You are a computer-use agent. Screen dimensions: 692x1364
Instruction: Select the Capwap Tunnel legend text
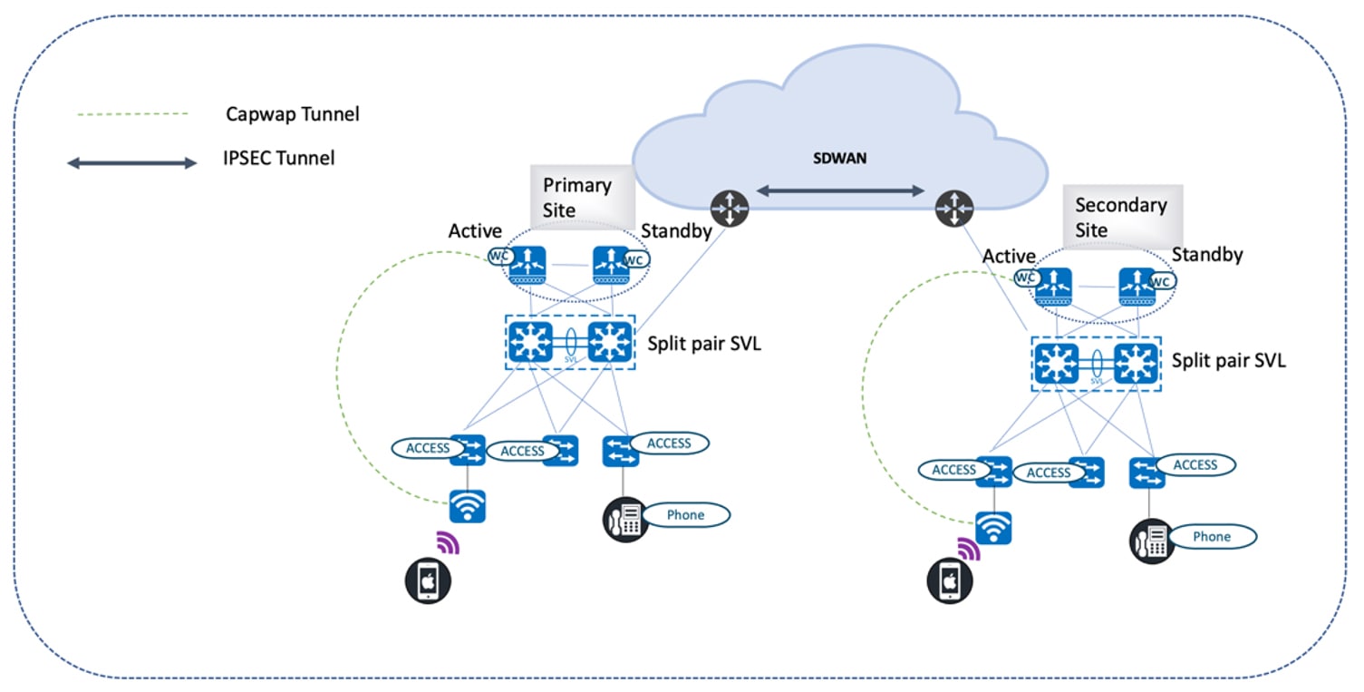(x=292, y=114)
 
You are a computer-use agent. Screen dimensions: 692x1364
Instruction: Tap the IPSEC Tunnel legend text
(x=279, y=159)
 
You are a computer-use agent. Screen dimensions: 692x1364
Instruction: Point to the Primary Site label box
(x=577, y=197)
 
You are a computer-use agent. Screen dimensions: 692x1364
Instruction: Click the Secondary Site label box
(x=1120, y=218)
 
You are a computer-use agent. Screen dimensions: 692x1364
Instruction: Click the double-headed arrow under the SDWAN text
(x=840, y=190)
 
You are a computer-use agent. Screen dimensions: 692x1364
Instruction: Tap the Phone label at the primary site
(x=685, y=515)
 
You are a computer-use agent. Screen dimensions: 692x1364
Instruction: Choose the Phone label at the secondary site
(x=1212, y=537)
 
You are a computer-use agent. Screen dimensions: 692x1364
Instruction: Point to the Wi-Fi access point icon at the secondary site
(x=993, y=527)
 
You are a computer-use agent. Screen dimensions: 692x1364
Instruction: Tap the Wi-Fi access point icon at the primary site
(x=468, y=506)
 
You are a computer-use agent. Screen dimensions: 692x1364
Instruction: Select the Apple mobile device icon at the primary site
(x=425, y=580)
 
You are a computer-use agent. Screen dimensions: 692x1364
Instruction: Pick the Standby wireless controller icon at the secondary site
(x=1137, y=284)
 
